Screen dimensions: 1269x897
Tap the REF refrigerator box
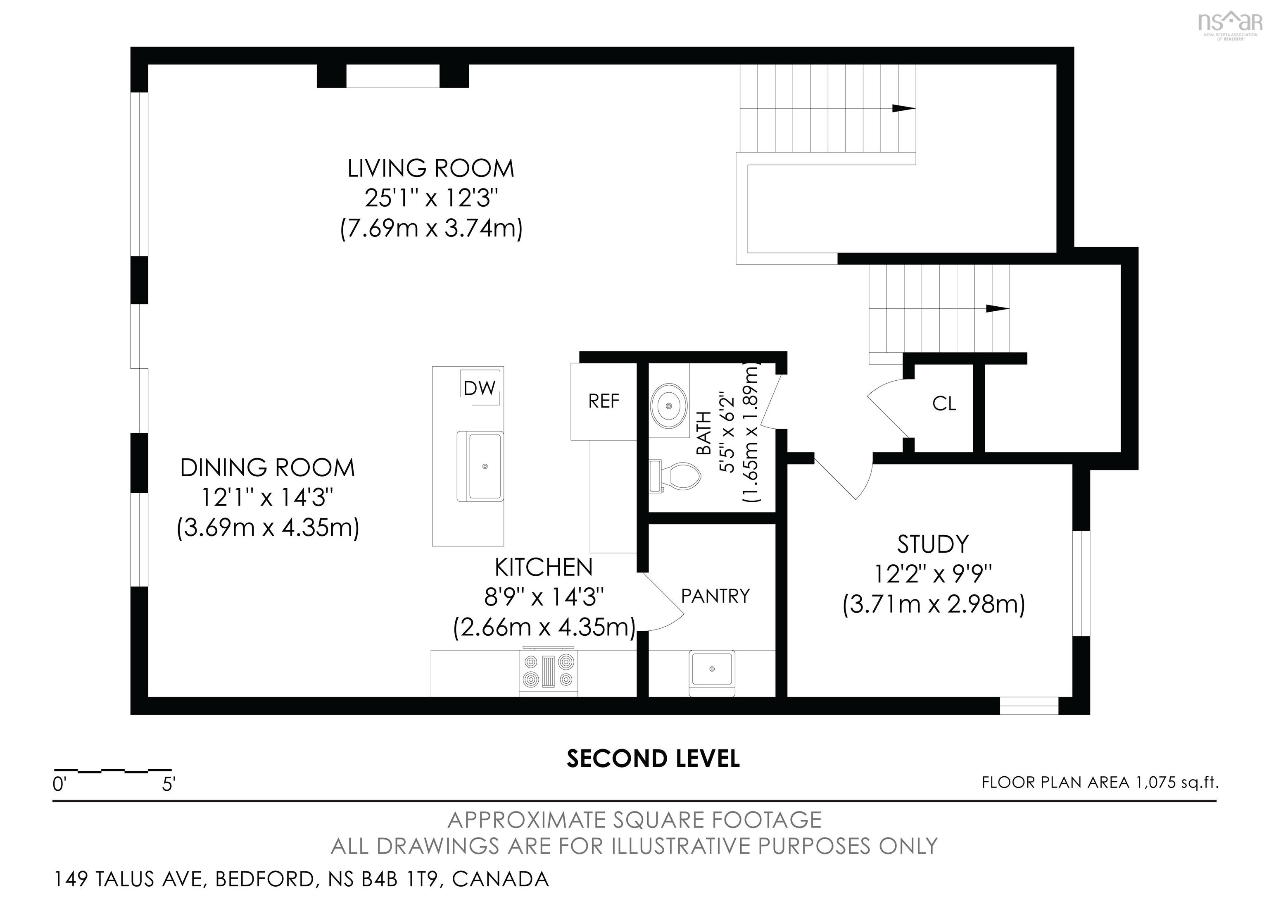click(604, 401)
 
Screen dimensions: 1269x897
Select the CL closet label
click(944, 404)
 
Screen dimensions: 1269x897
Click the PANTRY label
click(715, 596)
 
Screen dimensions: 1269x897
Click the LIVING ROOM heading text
click(430, 169)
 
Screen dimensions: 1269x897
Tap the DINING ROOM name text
click(268, 468)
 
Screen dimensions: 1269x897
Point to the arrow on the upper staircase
click(904, 108)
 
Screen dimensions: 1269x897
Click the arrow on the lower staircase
click(998, 309)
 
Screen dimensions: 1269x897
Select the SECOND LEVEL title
click(653, 759)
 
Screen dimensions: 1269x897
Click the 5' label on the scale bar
click(169, 785)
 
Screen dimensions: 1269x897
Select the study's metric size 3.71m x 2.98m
click(934, 604)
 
